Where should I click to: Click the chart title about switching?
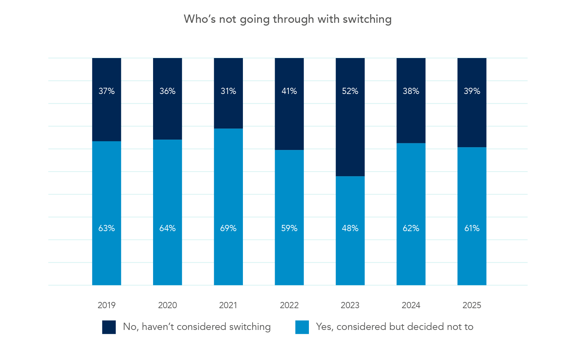coord(287,19)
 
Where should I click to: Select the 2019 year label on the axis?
coord(106,305)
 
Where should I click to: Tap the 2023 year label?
coord(350,305)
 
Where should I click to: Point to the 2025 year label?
coord(472,305)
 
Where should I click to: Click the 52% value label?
coord(350,91)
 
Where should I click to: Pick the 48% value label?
coord(350,228)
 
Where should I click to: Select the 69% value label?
coord(228,228)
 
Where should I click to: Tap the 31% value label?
coord(228,91)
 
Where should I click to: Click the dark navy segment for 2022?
coord(289,117)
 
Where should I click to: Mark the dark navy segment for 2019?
coord(106,114)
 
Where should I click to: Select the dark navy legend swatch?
coord(109,327)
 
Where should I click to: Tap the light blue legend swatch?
coord(302,327)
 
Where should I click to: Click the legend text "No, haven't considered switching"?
coord(197,327)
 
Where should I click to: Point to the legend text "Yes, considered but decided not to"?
coord(395,327)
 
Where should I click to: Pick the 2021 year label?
coord(228,305)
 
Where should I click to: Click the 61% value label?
coord(472,228)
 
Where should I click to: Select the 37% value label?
coord(106,91)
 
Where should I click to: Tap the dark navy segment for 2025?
coord(472,117)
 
